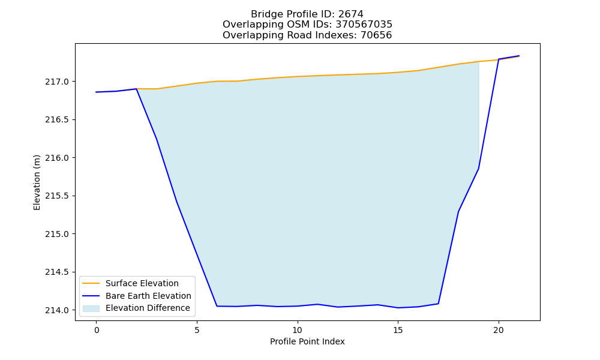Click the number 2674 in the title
(350, 14)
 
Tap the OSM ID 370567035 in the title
(364, 25)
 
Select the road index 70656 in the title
(376, 35)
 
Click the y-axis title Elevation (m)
(37, 182)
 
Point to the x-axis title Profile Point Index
(307, 341)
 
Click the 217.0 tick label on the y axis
(57, 82)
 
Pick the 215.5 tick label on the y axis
(57, 196)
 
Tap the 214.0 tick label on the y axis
(57, 310)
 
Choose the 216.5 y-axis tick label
(57, 120)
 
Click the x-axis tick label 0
(97, 330)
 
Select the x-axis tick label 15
(398, 330)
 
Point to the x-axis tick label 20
(499, 330)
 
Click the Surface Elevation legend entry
(142, 283)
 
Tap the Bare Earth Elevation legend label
(148, 296)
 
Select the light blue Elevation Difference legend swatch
(91, 308)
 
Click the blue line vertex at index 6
(217, 306)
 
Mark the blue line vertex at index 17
(438, 304)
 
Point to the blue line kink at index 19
(478, 169)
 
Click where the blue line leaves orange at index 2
(137, 89)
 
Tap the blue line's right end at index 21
(519, 56)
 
